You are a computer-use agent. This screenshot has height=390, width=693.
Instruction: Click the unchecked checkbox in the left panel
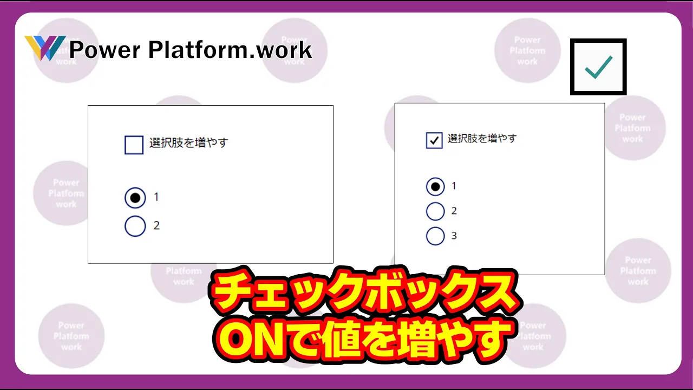coord(134,145)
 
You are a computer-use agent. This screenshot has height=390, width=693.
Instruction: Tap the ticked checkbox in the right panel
coord(434,140)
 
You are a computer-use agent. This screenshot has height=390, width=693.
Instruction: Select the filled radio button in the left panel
coord(135,198)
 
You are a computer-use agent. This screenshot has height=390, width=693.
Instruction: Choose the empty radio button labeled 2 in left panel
coord(135,226)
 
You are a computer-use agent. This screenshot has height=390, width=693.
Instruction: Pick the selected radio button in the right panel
coord(435,187)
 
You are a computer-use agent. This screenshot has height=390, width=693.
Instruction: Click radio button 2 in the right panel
coord(435,211)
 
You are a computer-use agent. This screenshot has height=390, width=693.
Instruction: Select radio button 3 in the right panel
coord(435,236)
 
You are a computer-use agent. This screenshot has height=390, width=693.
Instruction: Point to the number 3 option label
coord(454,236)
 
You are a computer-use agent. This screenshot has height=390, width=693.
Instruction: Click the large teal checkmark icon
coord(599,67)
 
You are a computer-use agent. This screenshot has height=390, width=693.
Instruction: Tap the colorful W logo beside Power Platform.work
coord(45,48)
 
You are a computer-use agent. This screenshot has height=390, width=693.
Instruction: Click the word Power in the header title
coord(105,50)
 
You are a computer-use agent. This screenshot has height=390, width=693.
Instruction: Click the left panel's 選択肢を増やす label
coord(189,142)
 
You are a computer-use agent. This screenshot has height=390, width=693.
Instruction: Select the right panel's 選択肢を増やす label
coord(482,138)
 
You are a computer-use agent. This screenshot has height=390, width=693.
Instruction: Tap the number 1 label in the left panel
coord(156,197)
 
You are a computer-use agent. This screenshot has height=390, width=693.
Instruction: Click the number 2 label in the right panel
coord(454,211)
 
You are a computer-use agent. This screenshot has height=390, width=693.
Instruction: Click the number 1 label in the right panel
coord(454,186)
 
